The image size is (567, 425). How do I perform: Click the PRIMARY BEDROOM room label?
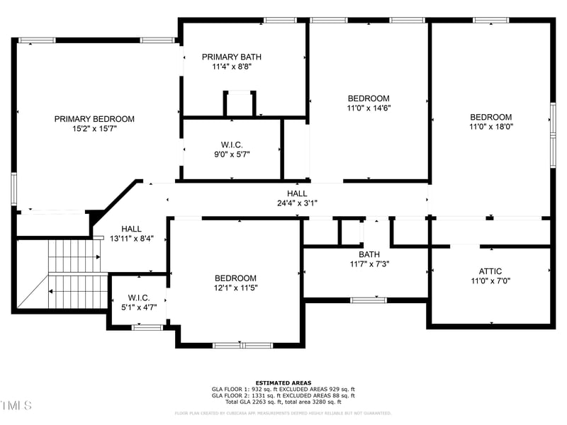click(x=94, y=119)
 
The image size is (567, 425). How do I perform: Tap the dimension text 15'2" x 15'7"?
click(x=94, y=129)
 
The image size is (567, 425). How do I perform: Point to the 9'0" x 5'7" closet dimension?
click(x=232, y=154)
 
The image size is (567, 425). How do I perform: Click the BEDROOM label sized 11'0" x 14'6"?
click(x=369, y=98)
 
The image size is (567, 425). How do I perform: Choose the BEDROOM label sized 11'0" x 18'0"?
click(x=490, y=117)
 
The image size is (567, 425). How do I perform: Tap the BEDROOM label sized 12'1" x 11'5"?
click(x=236, y=278)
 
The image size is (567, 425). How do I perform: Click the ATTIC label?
click(x=490, y=271)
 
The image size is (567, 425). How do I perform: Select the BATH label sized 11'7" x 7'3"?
click(x=369, y=254)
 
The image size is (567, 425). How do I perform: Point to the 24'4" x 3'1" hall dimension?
click(x=297, y=203)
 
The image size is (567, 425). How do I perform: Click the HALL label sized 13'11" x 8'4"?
click(x=131, y=229)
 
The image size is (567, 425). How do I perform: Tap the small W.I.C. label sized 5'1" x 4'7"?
click(x=138, y=297)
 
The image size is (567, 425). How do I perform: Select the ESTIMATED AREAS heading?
click(x=283, y=382)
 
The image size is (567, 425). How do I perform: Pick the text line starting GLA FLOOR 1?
click(x=283, y=389)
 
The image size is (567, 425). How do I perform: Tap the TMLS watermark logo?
click(x=16, y=405)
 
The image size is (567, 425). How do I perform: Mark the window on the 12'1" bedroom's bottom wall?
click(x=233, y=345)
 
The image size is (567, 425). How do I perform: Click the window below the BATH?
click(x=368, y=300)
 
